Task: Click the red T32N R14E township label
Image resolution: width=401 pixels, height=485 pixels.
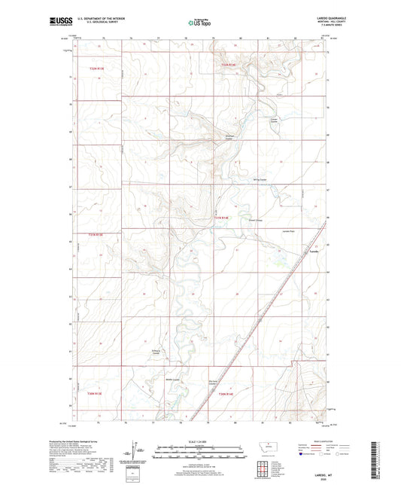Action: (229, 69)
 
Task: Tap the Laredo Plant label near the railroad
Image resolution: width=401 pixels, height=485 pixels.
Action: (290, 231)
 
